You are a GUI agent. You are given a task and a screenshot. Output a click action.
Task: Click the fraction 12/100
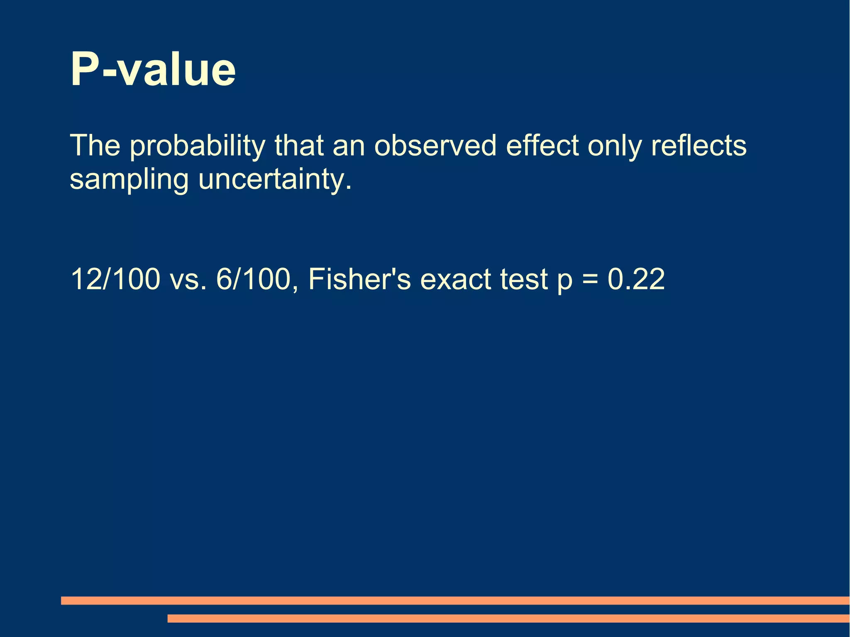(x=115, y=279)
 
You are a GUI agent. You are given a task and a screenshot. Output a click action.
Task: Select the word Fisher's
(x=359, y=279)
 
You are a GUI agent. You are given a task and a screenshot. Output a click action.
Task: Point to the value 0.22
(x=636, y=279)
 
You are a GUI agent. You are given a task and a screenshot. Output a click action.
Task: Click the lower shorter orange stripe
(x=508, y=618)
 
